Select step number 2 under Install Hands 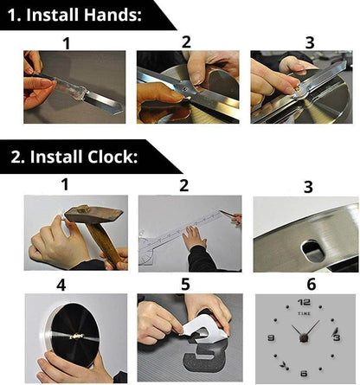pos(185,42)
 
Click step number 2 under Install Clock pos(184,184)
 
